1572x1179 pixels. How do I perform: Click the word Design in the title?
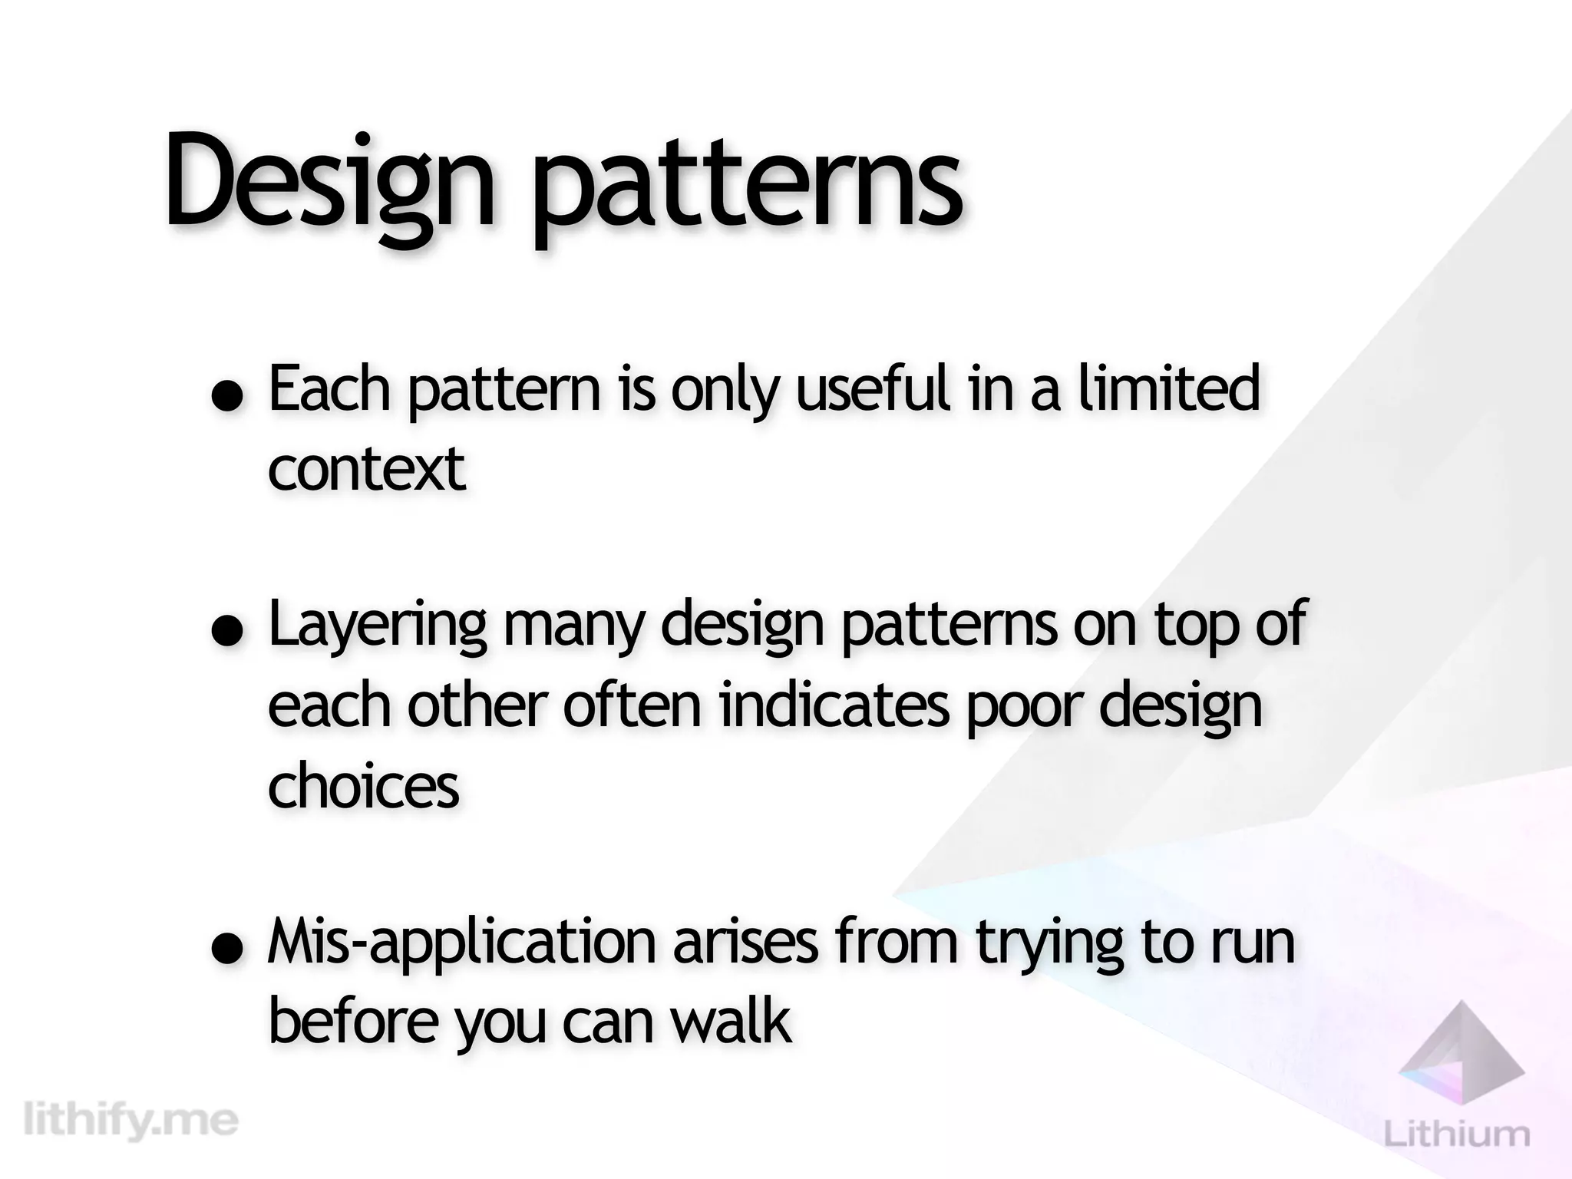(327, 181)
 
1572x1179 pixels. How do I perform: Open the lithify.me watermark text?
(131, 1120)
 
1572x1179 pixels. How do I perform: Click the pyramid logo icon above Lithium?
(1462, 1051)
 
